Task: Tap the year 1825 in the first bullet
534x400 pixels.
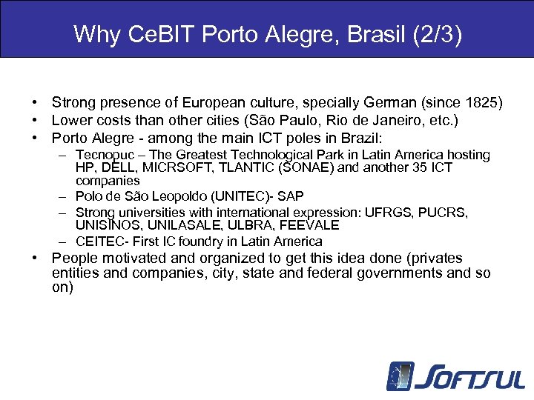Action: [x=484, y=102]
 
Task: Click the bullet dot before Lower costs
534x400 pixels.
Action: [x=35, y=120]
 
